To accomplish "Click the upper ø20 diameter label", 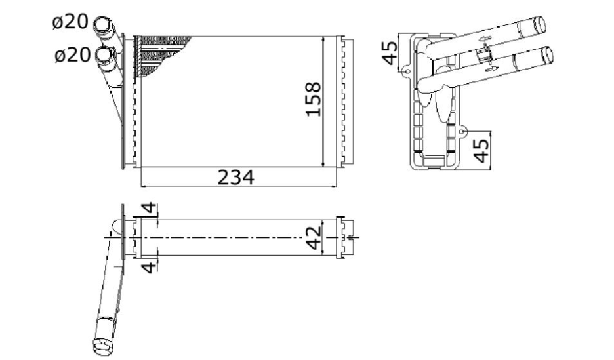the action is pos(70,22).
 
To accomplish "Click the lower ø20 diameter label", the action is pos(73,55).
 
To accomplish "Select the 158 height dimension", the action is pos(313,99).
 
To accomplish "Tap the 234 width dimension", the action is pos(235,177).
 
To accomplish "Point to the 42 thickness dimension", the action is pos(314,237).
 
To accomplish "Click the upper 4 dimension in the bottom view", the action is pos(149,208).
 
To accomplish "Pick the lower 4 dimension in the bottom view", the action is pos(149,268).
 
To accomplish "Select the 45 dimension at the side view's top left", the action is pos(390,53).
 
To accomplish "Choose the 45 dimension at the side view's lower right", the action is pos(481,151).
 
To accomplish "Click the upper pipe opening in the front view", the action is pos(102,24).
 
